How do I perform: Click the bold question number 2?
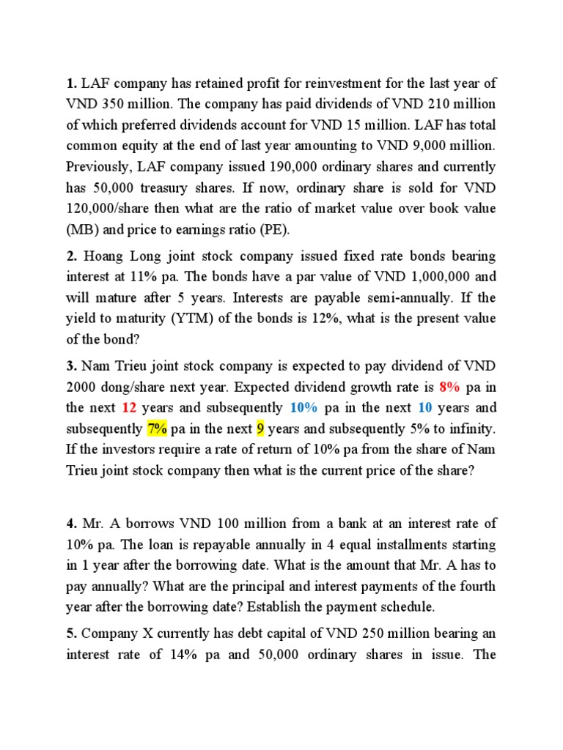point(71,256)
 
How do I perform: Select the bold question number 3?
point(71,366)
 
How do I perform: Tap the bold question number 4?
point(71,524)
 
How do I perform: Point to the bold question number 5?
point(71,634)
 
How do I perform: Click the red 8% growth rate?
point(449,387)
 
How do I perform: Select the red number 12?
point(129,408)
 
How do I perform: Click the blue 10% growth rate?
point(303,408)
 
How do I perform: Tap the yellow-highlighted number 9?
point(260,429)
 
